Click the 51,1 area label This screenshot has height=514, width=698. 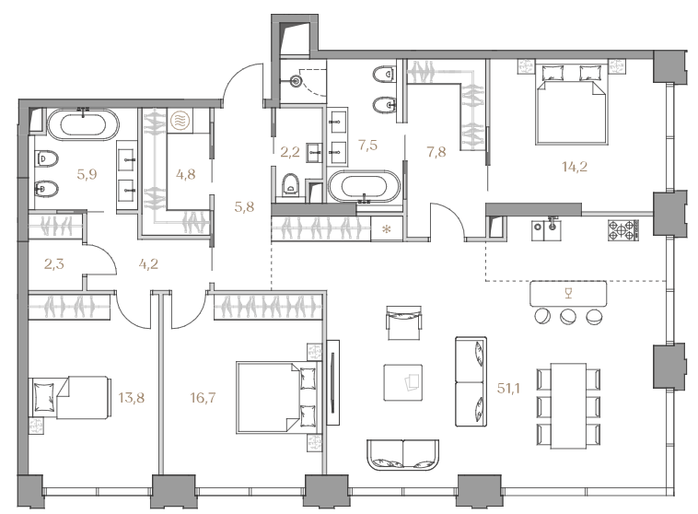click(508, 389)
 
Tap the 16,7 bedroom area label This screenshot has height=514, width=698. click(203, 397)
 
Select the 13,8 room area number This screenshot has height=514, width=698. click(132, 397)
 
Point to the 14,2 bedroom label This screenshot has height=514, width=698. click(575, 167)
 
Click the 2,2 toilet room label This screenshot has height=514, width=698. click(290, 152)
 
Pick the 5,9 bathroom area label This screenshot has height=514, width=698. click(87, 174)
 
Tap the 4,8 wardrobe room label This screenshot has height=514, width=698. click(186, 174)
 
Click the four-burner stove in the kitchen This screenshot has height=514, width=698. click(623, 230)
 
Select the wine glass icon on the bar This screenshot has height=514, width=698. click(567, 293)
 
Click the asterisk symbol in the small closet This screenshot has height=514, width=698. click(387, 230)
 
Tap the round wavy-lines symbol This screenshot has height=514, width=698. click(180, 121)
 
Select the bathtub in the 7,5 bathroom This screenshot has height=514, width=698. click(364, 187)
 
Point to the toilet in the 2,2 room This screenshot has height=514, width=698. click(291, 185)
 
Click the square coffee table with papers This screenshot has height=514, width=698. click(403, 382)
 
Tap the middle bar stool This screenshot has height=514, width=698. click(567, 317)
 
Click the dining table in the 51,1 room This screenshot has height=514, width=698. click(568, 406)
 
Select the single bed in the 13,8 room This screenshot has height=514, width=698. click(69, 397)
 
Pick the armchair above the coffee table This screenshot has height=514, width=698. click(403, 323)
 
